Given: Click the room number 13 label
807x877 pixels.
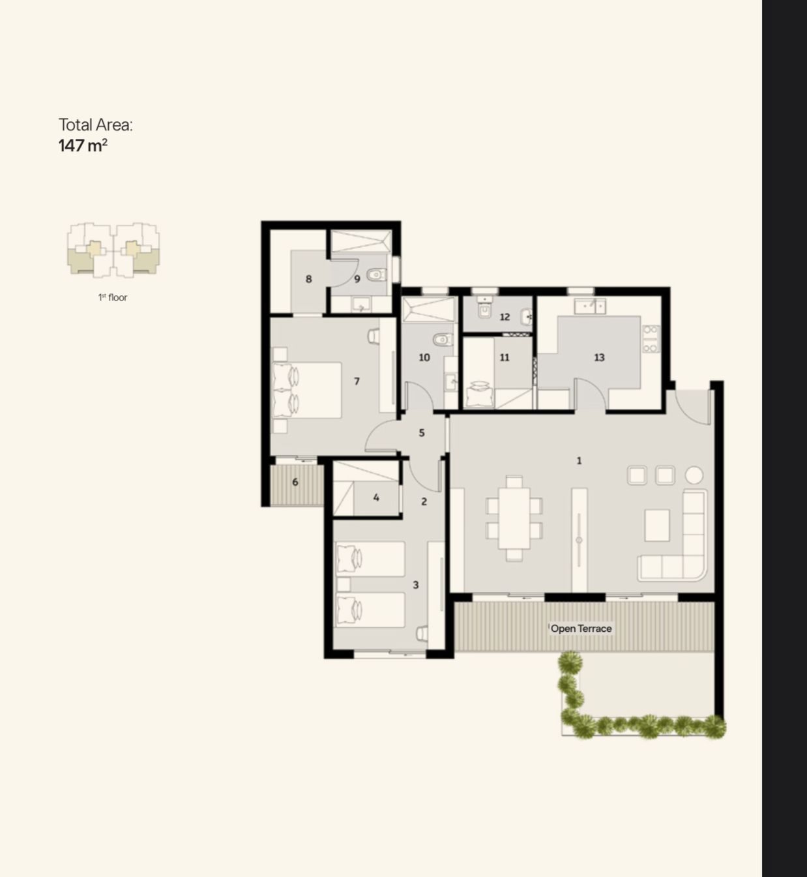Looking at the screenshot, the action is click(x=599, y=357).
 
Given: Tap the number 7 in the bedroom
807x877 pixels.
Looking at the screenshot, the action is click(x=357, y=381).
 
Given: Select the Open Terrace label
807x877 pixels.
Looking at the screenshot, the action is click(x=581, y=629).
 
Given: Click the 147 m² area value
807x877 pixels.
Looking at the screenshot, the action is click(x=83, y=145).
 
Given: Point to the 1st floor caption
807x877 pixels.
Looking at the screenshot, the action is click(x=113, y=297).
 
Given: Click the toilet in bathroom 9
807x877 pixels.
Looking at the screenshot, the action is click(x=377, y=275).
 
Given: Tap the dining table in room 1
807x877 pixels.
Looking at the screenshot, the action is click(x=514, y=518).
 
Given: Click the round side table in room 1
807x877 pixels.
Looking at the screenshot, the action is click(x=694, y=475).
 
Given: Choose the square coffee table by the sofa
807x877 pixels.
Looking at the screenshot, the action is click(x=657, y=525).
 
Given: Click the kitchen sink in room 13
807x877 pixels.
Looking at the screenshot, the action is click(x=590, y=306).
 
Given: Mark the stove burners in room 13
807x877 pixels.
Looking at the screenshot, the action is click(x=651, y=339).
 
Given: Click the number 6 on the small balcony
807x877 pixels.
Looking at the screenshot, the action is click(x=295, y=482).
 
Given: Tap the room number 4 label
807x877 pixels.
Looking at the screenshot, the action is click(x=376, y=498).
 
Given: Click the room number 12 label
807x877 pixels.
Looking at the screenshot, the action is click(x=505, y=317).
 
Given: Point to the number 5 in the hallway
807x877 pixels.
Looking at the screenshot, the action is click(x=421, y=433).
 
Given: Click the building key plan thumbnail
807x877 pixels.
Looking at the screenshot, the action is click(x=113, y=250).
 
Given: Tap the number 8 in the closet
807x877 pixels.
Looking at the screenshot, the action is click(x=308, y=279).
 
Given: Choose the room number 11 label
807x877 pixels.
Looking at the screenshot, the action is click(x=505, y=357).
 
